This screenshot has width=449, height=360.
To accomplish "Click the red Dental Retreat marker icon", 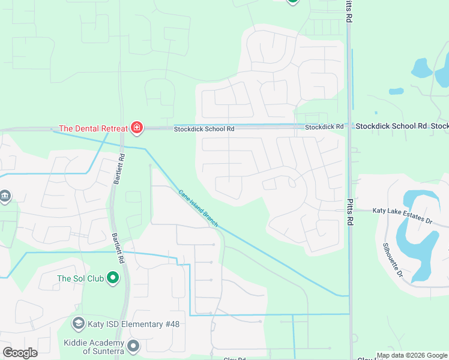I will coord(137,127).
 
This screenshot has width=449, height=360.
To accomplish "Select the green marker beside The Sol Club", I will coord(112,278).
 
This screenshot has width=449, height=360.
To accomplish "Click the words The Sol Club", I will coord(80,278).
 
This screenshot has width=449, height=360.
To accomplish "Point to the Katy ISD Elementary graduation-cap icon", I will coord(78,324).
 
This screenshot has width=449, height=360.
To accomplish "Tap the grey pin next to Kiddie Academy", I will coord(133,346).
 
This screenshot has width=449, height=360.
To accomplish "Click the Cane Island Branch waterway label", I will coord(199,208).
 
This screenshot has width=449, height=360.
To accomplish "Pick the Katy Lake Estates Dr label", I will coord(402,211).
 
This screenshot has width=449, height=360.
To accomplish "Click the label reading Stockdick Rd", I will coord(324,127).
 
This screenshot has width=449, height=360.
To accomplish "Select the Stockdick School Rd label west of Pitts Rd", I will coord(204,128).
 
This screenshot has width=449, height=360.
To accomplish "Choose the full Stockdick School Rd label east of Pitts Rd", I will coord(391,126).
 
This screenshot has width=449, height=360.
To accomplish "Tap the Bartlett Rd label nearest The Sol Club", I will coord(118,248).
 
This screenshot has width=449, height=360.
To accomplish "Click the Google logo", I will coord(20,353).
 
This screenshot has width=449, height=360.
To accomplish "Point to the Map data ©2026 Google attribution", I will coord(411,355).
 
